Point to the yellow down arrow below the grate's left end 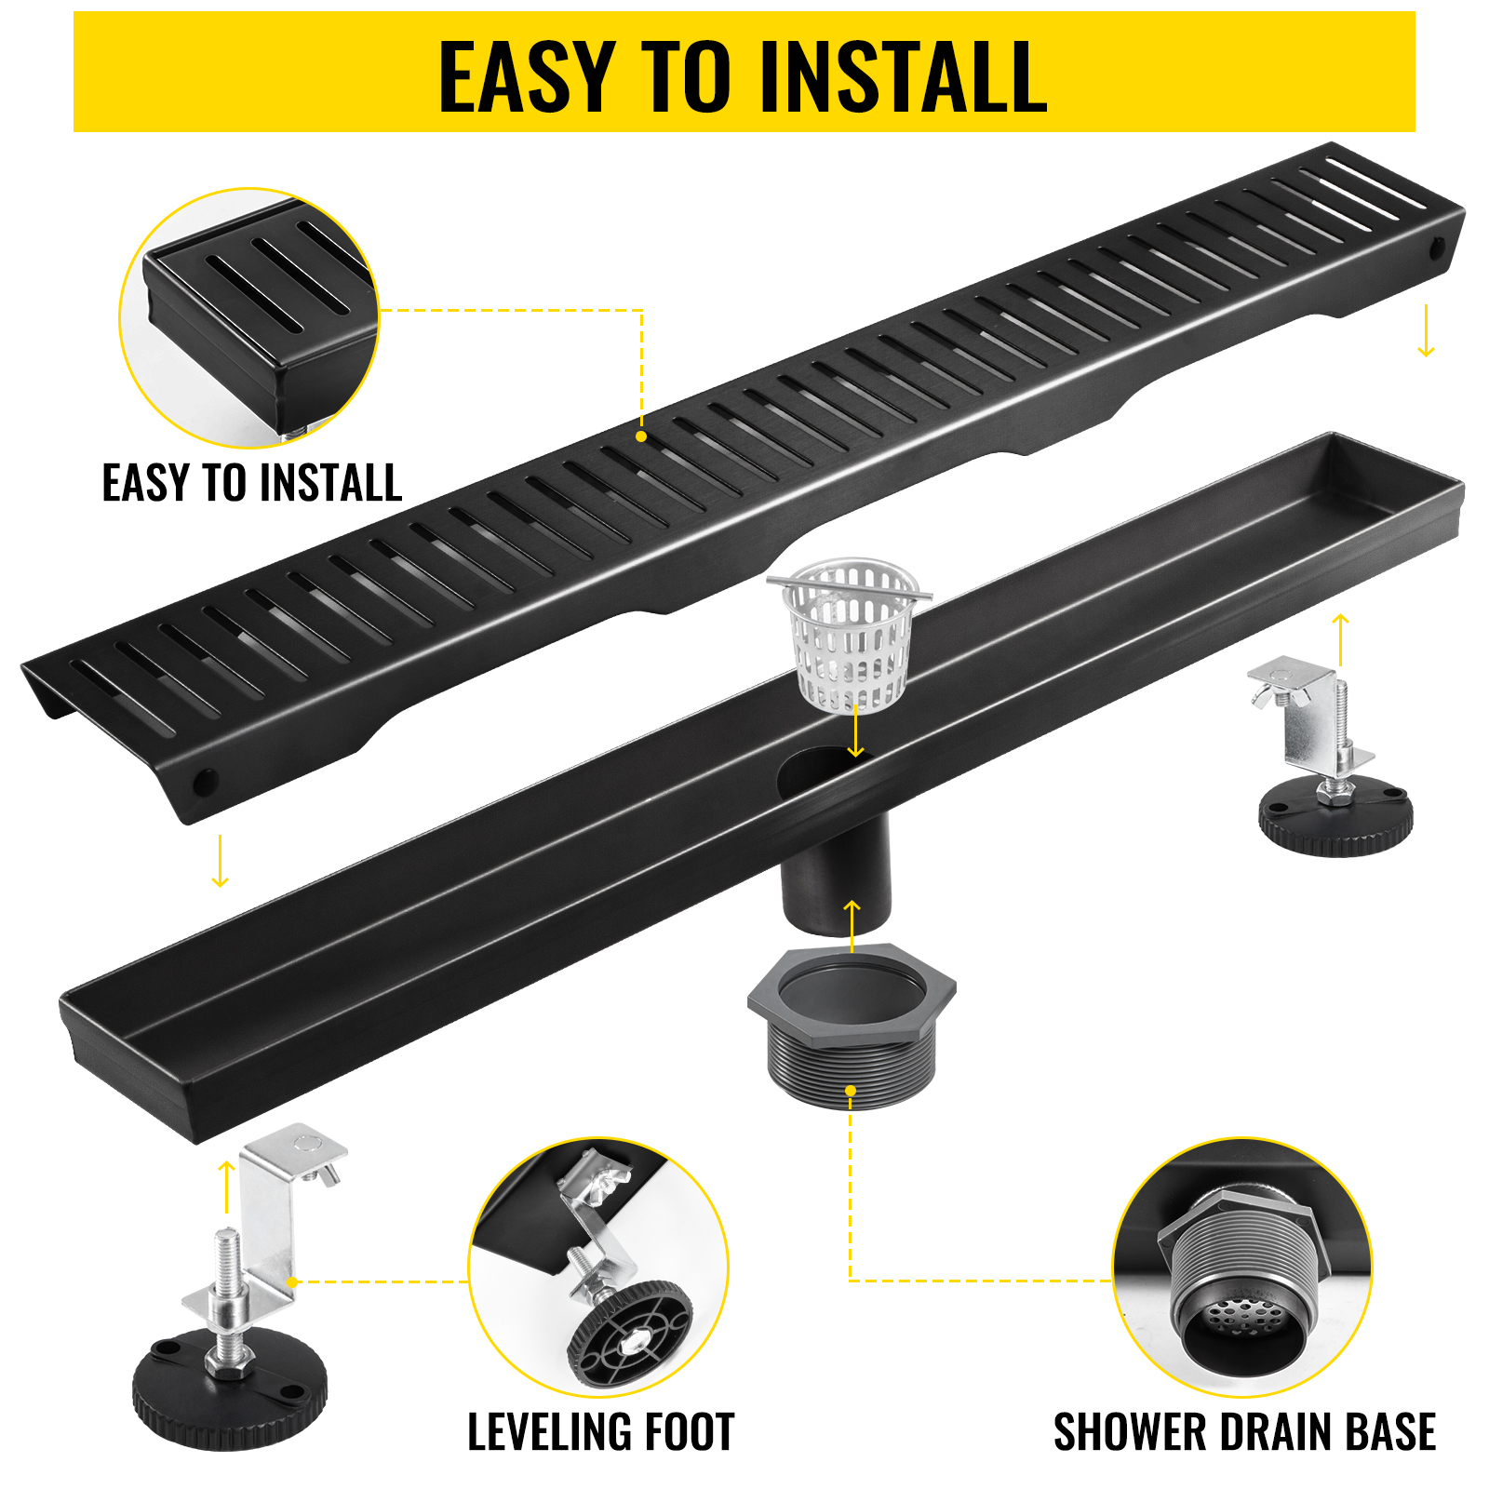(220, 861)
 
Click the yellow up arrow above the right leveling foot (1340, 638)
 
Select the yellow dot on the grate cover (641, 436)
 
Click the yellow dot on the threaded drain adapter (850, 1091)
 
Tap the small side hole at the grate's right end (1437, 248)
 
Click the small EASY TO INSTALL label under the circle (251, 483)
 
